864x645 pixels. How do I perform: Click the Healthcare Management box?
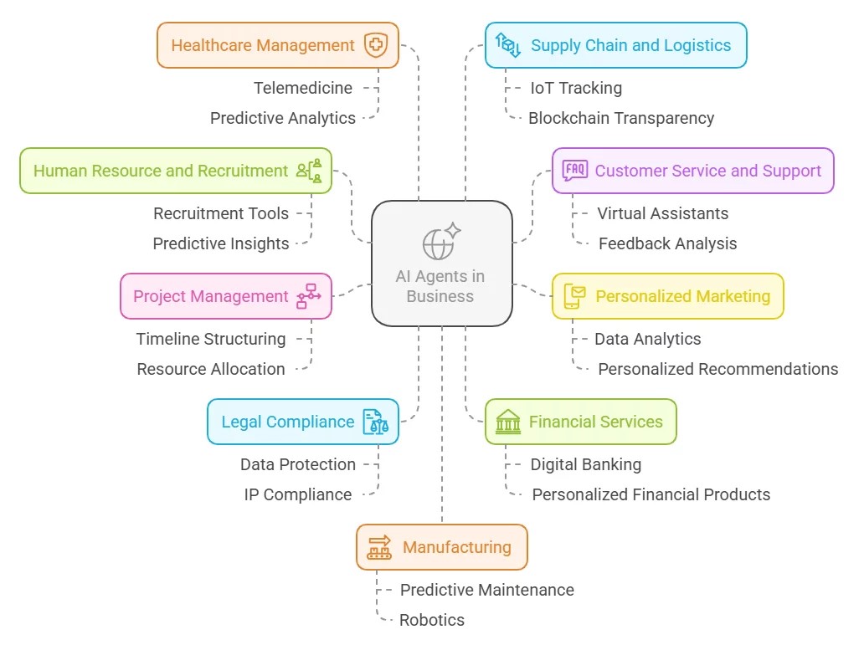pyautogui.click(x=277, y=45)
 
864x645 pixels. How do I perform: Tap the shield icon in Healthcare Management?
pyautogui.click(x=375, y=45)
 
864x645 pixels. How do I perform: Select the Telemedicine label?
pyautogui.click(x=303, y=88)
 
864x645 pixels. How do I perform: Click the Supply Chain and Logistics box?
pyautogui.click(x=615, y=45)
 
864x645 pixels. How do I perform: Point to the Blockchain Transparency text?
pyautogui.click(x=621, y=118)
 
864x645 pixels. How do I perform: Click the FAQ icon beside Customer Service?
pyautogui.click(x=575, y=171)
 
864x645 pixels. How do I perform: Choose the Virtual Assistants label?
pyautogui.click(x=662, y=213)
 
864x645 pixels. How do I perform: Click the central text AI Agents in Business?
pyautogui.click(x=440, y=285)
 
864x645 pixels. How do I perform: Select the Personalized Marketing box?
pyautogui.click(x=667, y=296)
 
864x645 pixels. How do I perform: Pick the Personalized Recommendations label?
pyautogui.click(x=717, y=369)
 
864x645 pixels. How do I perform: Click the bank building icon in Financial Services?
pyautogui.click(x=507, y=422)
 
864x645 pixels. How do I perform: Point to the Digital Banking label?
pyautogui.click(x=585, y=464)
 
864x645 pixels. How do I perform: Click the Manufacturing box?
pyautogui.click(x=441, y=547)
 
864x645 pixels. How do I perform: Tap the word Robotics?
pyautogui.click(x=431, y=620)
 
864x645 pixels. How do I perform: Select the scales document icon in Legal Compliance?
pyautogui.click(x=375, y=422)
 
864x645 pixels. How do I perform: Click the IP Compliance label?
pyautogui.click(x=297, y=494)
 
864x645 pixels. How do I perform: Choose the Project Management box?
pyautogui.click(x=226, y=296)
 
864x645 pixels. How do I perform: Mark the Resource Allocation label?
pyautogui.click(x=211, y=369)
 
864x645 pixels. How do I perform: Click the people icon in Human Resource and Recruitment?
pyautogui.click(x=309, y=171)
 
